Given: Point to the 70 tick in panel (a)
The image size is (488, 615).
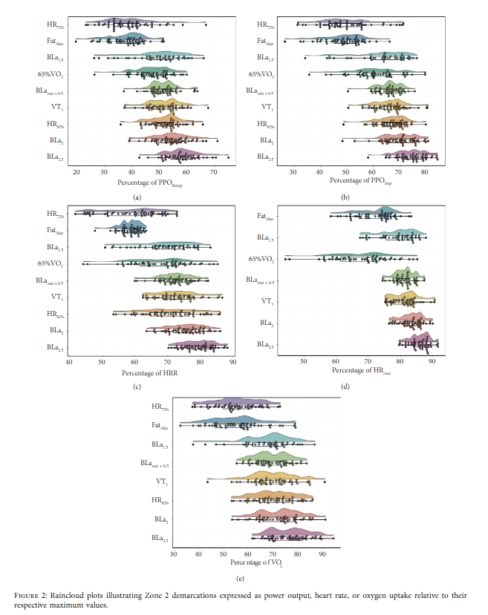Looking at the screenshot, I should pos(214,172).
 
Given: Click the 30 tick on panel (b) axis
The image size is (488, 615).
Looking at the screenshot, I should pos(293,172).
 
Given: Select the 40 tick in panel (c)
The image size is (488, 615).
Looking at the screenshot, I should pos(69,362).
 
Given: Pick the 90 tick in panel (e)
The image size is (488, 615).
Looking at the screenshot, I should pos(322,553).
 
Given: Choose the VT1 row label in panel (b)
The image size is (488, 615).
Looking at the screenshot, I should pos(267,108).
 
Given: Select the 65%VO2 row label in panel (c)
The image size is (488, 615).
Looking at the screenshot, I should pos(51,263).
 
